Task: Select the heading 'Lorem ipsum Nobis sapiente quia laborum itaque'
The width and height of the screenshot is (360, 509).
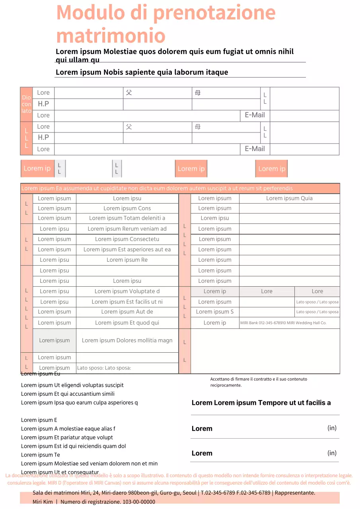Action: (x=142, y=72)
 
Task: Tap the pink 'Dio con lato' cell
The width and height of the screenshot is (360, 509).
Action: (x=26, y=104)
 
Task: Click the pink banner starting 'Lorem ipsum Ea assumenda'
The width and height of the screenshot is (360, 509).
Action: (x=180, y=188)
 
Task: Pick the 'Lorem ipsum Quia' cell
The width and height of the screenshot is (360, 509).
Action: (x=289, y=198)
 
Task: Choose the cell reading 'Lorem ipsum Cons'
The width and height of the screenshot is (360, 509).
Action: (x=127, y=208)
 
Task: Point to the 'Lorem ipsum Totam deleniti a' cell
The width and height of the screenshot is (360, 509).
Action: (x=127, y=218)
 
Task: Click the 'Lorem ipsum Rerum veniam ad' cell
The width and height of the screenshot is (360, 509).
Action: (x=127, y=229)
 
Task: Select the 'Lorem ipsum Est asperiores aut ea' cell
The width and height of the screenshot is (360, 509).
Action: (x=127, y=250)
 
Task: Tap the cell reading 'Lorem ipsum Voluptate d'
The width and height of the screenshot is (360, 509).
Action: (x=127, y=291)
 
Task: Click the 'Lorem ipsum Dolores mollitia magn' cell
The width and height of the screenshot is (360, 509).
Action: (x=127, y=340)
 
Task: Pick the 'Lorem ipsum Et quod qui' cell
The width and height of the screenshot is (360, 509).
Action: (x=127, y=323)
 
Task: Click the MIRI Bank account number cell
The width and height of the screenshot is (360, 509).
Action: (x=283, y=323)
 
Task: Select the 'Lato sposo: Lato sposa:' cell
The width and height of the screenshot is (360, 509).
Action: (x=104, y=368)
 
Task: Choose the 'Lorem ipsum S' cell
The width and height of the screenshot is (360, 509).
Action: (x=215, y=312)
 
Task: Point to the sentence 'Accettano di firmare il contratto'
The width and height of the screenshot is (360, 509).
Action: (x=259, y=379)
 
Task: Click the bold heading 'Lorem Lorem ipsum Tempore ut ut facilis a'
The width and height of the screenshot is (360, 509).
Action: (x=261, y=403)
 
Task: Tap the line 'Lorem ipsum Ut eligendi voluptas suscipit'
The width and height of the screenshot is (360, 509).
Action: (x=72, y=385)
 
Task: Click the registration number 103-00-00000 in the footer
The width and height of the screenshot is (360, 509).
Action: (x=138, y=502)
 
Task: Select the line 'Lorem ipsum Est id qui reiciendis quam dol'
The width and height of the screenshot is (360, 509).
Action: (x=74, y=446)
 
